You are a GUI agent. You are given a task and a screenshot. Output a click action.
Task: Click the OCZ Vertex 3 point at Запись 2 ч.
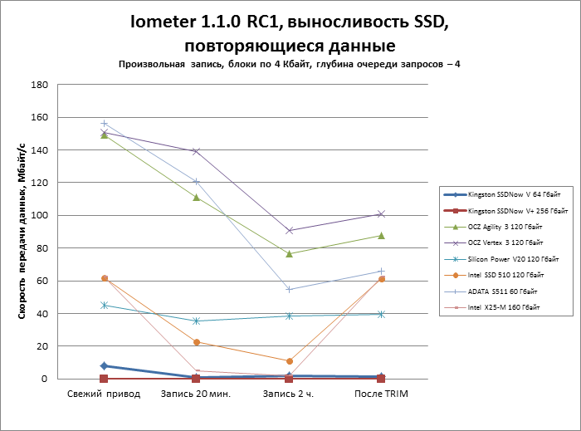point(289,230)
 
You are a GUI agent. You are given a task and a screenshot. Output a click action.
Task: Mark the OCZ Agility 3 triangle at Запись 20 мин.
point(196,198)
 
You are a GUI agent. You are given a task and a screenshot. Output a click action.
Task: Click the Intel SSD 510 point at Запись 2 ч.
point(289,361)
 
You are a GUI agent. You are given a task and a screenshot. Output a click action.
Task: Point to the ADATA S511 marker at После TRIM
point(381,271)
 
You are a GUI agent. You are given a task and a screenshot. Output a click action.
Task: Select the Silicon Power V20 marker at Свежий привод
point(104,305)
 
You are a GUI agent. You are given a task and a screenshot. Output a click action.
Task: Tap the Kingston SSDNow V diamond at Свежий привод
point(104,365)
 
